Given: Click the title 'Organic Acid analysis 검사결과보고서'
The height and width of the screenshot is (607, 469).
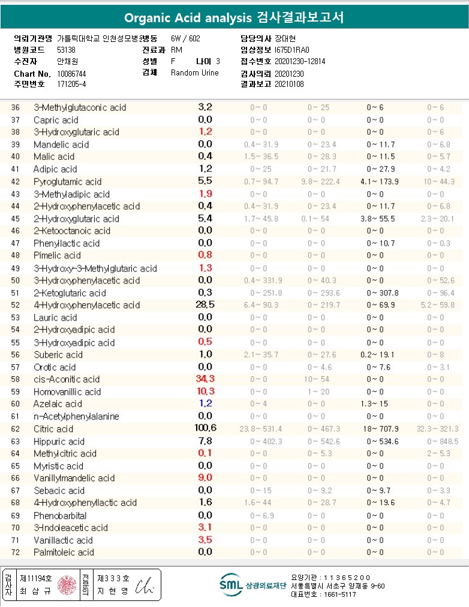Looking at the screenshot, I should [x=234, y=17].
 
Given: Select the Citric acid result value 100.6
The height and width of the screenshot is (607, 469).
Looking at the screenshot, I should [x=206, y=428].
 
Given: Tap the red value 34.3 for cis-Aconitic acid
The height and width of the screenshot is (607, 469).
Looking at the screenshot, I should [x=206, y=379].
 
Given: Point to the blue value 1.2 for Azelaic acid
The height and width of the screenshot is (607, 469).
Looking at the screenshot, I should [x=206, y=404].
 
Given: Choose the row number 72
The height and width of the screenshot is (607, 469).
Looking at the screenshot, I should [x=16, y=552].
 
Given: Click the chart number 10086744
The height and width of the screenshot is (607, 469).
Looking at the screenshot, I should [x=72, y=73].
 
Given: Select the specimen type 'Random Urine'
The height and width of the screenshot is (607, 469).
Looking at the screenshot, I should [x=195, y=73].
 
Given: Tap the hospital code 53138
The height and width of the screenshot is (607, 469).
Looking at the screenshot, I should [x=66, y=50].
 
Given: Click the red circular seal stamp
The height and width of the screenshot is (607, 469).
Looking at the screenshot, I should [x=67, y=585].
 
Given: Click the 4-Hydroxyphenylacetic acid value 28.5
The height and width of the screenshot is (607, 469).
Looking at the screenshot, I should [x=206, y=305].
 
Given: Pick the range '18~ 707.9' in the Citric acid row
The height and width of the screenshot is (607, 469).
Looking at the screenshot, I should [x=383, y=429].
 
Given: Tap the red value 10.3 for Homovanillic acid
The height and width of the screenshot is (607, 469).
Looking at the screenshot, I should [x=206, y=391].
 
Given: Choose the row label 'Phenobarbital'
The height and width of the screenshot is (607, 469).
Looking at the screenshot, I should [x=60, y=515].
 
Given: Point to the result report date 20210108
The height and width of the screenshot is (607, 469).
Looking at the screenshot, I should [x=290, y=84].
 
